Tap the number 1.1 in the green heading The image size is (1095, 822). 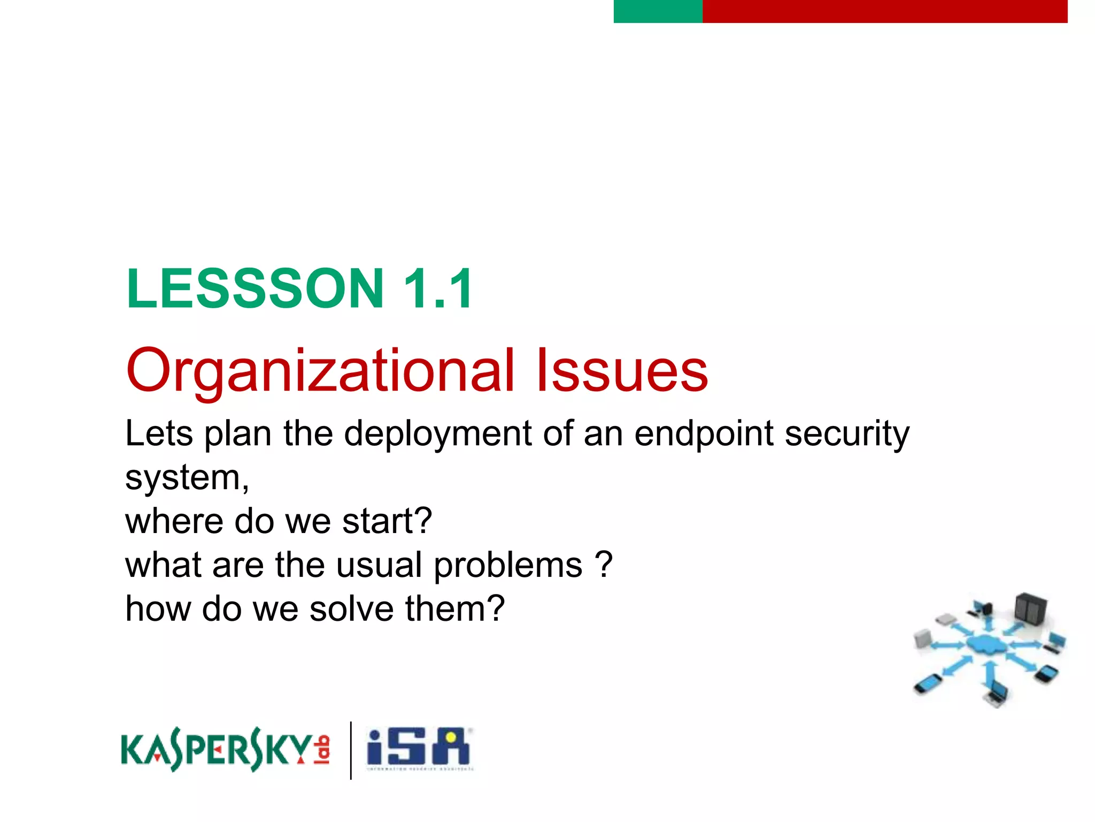tap(437, 289)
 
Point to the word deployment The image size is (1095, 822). tap(438, 433)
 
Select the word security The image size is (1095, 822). tap(847, 433)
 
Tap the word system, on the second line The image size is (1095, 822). tap(187, 477)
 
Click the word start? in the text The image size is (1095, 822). tap(387, 521)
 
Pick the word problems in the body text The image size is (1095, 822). tap(507, 565)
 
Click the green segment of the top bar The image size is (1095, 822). tap(658, 11)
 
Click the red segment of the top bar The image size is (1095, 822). tap(884, 11)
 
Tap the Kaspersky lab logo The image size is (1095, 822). tap(225, 749)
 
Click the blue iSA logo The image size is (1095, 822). tap(418, 748)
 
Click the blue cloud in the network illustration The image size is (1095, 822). tap(987, 644)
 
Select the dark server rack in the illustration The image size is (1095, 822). tap(1030, 610)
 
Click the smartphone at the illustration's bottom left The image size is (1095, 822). tap(928, 683)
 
